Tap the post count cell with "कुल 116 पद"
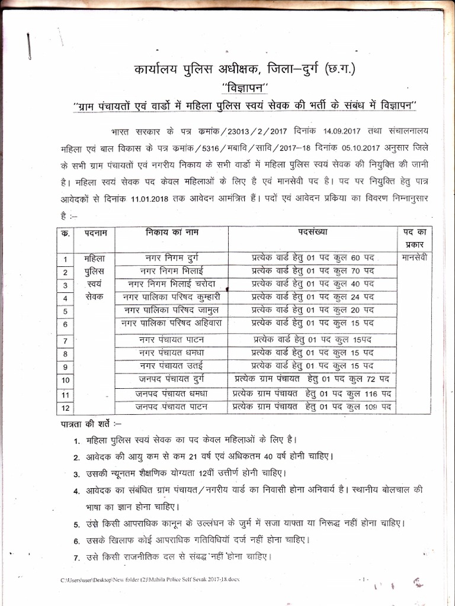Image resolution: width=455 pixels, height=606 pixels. (312, 393)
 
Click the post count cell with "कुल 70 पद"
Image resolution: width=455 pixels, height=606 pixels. (312, 270)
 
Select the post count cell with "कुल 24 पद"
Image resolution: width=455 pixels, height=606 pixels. (312, 296)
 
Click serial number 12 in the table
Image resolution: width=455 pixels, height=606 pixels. (65, 408)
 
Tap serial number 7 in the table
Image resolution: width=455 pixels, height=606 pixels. (65, 340)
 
